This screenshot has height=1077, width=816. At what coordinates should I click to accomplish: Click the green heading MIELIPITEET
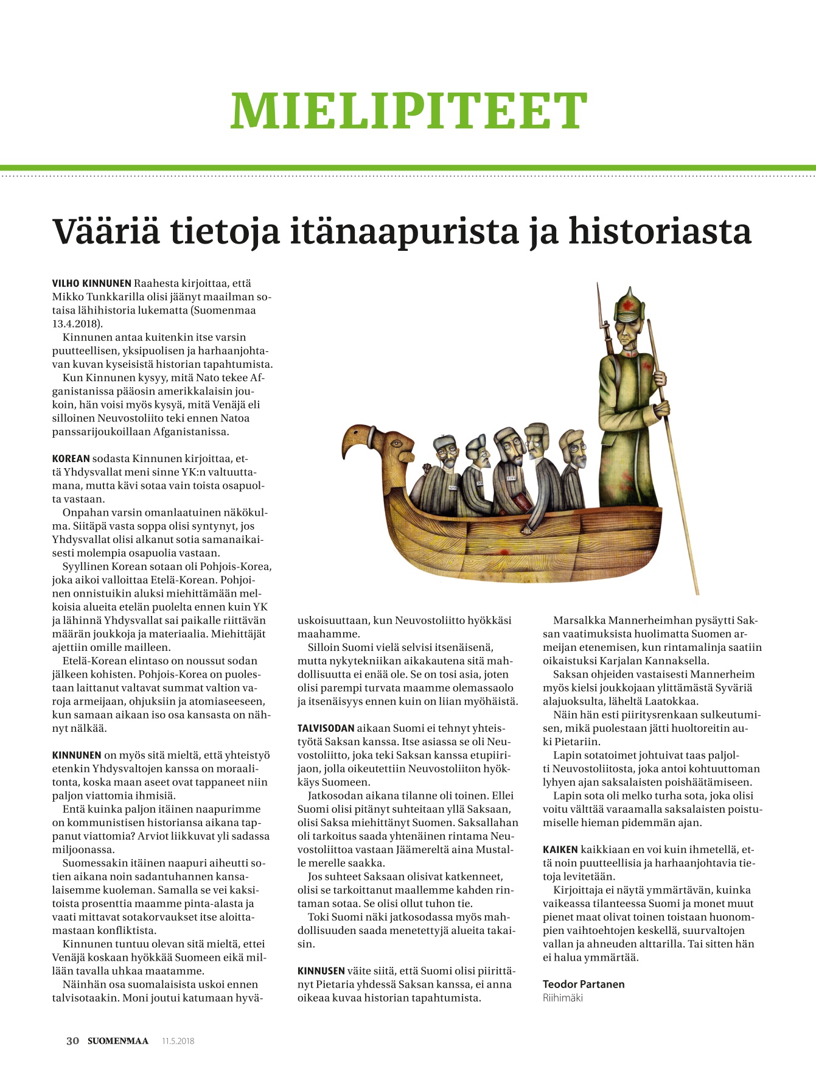(408, 111)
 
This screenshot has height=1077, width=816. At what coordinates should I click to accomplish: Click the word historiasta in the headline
(660, 231)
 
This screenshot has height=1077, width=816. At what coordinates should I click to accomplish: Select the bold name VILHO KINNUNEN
(92, 283)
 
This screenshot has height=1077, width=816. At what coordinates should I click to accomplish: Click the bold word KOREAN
(71, 458)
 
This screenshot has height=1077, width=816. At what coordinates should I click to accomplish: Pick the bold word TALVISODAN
(326, 728)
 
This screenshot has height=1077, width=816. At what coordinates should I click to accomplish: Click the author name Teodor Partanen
(584, 984)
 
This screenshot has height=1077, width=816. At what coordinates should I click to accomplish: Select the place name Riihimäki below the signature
(563, 998)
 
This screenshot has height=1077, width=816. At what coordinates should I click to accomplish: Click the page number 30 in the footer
(72, 1040)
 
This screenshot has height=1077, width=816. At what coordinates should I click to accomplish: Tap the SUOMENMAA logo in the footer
(118, 1040)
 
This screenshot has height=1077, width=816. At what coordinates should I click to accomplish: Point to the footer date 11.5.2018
(178, 1041)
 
